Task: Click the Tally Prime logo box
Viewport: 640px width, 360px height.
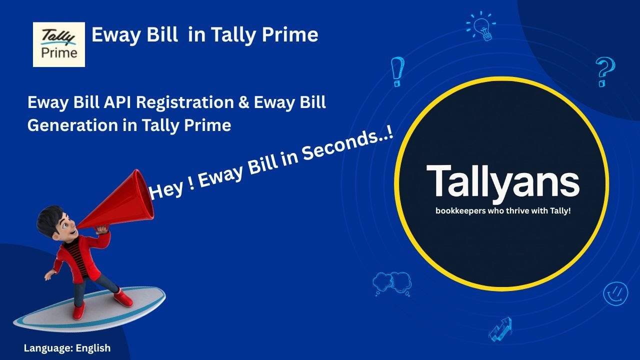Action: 59,44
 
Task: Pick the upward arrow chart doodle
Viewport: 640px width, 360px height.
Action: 500,328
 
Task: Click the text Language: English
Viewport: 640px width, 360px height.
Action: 67,348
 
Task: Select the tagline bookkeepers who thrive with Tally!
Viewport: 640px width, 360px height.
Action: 503,211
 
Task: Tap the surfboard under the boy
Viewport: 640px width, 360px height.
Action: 90,310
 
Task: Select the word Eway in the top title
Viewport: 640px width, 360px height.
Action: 114,35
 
